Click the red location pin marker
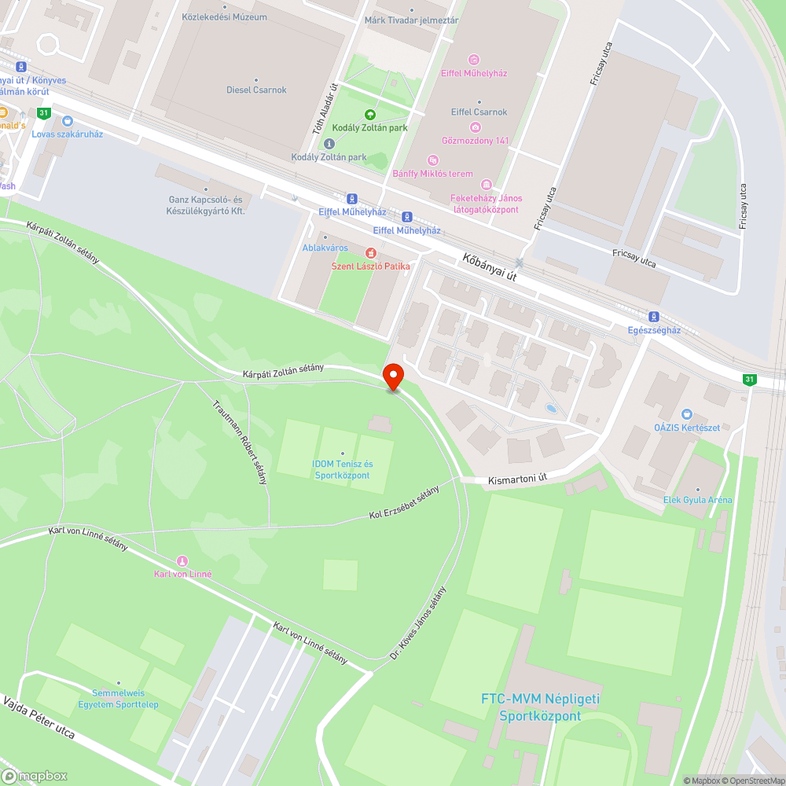click(392, 376)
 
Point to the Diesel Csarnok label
click(256, 90)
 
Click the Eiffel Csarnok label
click(479, 112)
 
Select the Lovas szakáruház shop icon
click(67, 121)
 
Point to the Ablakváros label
click(325, 248)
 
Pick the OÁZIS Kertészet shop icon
click(687, 414)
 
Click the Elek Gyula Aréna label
click(697, 500)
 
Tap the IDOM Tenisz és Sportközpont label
click(342, 470)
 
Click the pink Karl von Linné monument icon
click(182, 561)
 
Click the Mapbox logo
click(35, 775)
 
